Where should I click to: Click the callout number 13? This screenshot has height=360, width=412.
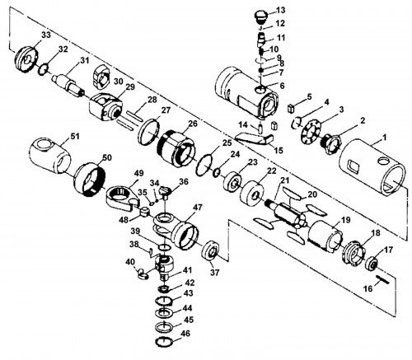point(280,10)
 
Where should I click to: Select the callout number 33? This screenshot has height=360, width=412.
point(46,35)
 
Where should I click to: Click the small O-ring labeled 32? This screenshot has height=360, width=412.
point(44,68)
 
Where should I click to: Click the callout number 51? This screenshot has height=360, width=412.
point(74,136)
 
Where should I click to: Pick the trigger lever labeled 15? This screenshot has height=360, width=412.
point(255,138)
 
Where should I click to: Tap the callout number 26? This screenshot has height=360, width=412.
point(193,124)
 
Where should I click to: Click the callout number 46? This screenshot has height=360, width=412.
point(185,334)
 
